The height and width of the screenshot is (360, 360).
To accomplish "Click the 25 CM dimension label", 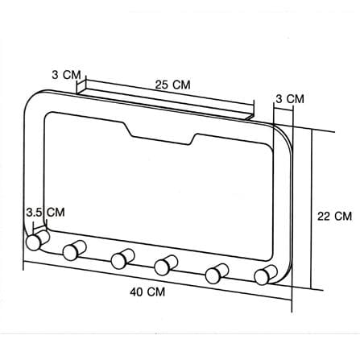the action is (172, 85).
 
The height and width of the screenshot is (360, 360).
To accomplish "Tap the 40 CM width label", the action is (147, 292).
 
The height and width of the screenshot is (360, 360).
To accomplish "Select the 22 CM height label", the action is (334, 216).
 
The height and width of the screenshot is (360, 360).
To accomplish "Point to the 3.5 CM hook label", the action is (45, 212).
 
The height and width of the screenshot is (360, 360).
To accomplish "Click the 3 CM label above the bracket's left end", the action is (66, 75).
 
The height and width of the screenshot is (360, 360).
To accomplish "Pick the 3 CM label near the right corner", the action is (290, 99).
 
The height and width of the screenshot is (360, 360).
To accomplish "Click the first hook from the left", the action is (38, 240).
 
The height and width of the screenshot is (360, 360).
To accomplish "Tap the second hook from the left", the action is (74, 250).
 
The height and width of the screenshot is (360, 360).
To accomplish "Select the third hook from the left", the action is (122, 259).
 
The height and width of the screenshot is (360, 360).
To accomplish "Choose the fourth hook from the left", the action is (166, 265).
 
